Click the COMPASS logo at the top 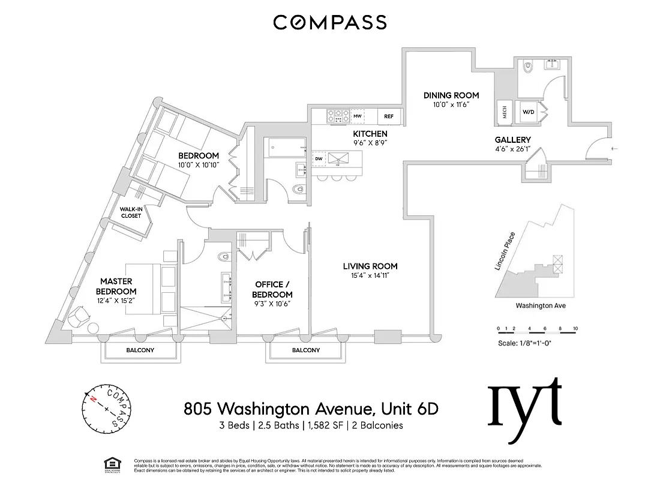point(330,22)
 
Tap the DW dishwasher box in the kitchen point(319,158)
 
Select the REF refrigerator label point(389,116)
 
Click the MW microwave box point(358,116)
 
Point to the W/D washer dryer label point(528,112)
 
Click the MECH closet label point(504,112)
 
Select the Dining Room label point(451,95)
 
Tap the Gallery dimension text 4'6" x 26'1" point(513,150)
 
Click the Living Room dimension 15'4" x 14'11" point(370,277)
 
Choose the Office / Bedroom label point(272,289)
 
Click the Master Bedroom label point(116,286)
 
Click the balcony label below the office point(306,350)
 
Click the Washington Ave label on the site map point(540,305)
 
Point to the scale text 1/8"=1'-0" point(535,344)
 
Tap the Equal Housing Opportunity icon point(111,463)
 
